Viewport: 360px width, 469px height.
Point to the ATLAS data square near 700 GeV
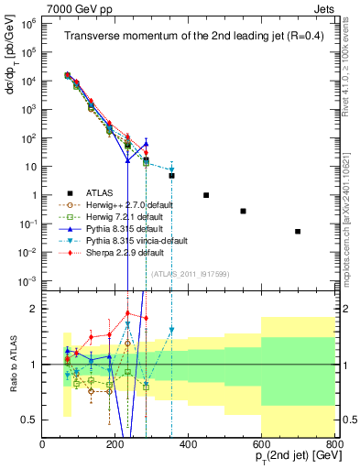coord(298,232)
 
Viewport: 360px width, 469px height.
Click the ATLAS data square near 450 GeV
coord(206,195)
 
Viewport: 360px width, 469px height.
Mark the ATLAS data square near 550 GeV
coord(243,211)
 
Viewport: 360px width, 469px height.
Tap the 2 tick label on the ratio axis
coord(35,309)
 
